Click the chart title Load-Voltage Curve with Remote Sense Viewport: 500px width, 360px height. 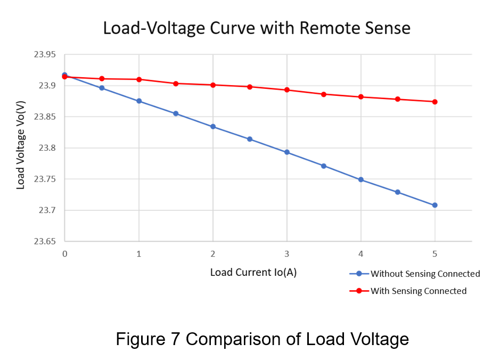256,28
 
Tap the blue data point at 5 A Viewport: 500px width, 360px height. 435,206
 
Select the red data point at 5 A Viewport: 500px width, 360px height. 435,102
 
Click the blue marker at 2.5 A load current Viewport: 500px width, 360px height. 250,139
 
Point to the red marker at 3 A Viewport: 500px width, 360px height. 287,89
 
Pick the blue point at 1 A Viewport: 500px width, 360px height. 139,101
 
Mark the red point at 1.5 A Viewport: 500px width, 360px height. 176,84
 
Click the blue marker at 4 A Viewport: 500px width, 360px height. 361,179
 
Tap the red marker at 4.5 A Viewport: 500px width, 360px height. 398,99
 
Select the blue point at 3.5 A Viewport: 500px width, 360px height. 324,166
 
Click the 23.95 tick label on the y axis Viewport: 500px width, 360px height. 45,55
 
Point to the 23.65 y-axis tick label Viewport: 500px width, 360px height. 45,242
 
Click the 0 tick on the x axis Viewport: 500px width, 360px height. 64,255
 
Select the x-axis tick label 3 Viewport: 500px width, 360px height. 287,255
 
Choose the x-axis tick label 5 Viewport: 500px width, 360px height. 435,255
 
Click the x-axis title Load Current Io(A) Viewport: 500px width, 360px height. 253,273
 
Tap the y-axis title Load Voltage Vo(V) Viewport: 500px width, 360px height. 21,148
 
